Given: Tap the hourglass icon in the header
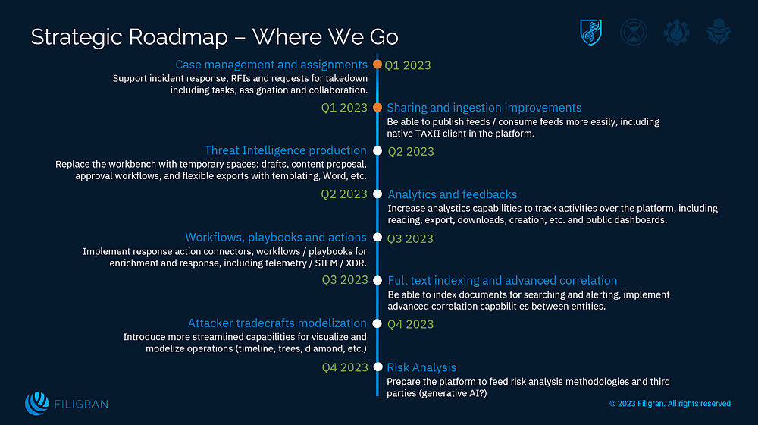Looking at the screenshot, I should coord(633,32).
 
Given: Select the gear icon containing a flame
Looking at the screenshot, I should coord(675,32).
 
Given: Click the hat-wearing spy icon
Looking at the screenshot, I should coord(716,32).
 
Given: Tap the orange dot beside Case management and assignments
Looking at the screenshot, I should coord(377,65).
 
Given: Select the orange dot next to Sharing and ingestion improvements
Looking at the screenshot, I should coord(377,108).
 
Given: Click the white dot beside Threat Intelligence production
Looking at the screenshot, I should coord(377,151).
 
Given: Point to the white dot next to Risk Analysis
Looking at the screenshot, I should coord(377,367).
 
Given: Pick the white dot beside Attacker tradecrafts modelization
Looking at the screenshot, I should coord(377,323).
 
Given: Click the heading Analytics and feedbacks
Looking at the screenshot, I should coord(453,194).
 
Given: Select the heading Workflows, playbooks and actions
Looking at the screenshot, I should coord(276,238).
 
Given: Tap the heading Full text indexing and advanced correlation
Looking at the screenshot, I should coord(502,281).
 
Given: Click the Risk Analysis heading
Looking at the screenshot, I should coord(421,367).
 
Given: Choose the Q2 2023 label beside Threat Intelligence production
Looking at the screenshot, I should coord(411,151).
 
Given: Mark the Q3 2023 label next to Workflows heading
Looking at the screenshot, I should coord(411,238).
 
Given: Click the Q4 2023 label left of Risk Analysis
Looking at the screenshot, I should coord(344,367).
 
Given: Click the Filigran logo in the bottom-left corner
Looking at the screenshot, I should coord(61,403).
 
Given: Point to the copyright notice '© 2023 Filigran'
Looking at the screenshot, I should coord(670,404).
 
